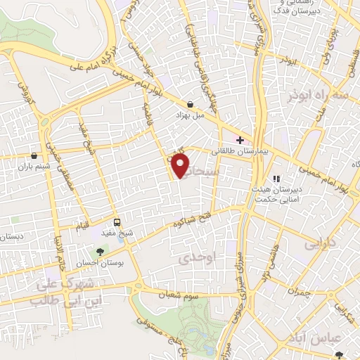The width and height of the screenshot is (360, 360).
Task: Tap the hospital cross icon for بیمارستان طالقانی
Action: (240, 140)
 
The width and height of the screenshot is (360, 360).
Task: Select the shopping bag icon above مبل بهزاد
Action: (191, 103)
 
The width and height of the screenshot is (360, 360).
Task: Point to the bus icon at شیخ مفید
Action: (118, 224)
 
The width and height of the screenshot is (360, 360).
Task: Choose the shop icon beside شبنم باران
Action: (34, 155)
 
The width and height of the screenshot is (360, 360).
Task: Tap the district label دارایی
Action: (319, 245)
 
